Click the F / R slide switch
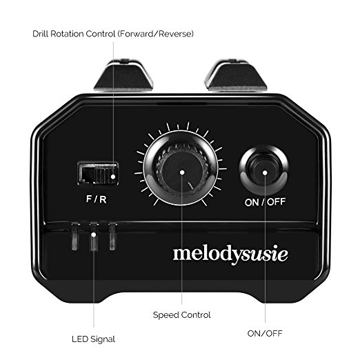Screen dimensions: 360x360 click(98, 173)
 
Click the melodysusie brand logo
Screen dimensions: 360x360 click(230, 254)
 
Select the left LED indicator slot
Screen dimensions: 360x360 click(74, 236)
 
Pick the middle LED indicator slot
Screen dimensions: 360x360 click(93, 236)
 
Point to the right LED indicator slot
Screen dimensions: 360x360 click(112, 236)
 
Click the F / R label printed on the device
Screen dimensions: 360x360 click(97, 199)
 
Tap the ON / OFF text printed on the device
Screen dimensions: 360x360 click(265, 202)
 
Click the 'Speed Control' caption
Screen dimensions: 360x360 click(182, 315)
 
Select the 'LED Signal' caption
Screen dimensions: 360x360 click(93, 339)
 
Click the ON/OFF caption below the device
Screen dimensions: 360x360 click(265, 333)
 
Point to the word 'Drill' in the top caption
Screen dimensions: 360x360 click(41, 34)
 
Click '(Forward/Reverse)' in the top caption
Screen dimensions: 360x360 click(156, 34)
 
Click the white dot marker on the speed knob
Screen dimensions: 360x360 click(182, 172)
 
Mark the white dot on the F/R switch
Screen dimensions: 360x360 click(113, 177)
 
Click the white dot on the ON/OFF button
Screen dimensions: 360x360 click(265, 172)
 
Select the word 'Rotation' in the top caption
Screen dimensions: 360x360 click(67, 34)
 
